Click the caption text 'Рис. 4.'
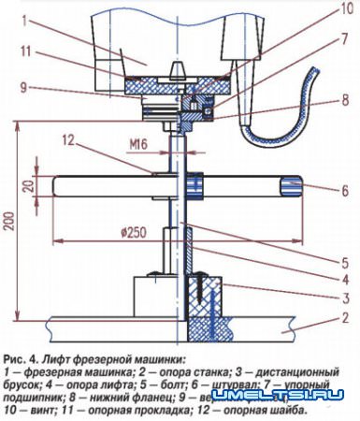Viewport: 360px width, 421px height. click(20, 358)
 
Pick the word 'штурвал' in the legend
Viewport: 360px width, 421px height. click(223, 383)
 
